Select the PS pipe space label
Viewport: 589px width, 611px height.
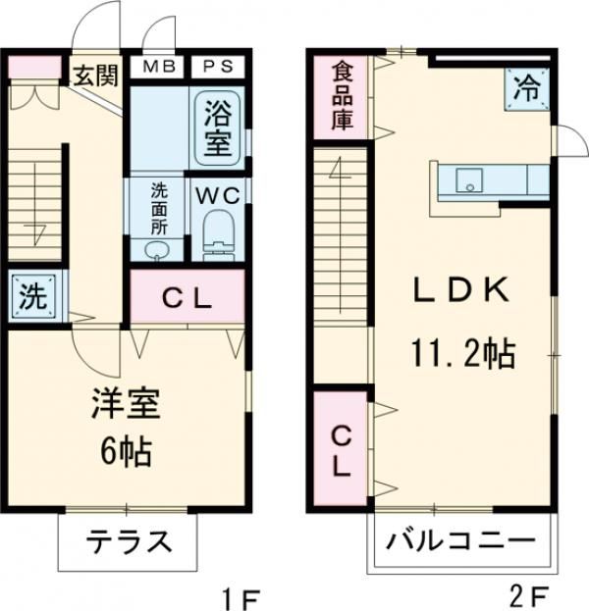[217, 67]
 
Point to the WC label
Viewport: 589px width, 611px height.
[217, 195]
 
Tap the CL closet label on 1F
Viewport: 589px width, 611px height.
[187, 298]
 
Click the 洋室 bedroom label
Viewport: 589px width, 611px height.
[127, 406]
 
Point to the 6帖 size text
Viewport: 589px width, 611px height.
[126, 452]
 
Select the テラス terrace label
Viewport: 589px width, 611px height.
[128, 543]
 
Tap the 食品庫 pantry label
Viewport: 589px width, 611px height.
[342, 95]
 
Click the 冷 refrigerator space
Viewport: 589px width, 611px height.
[526, 88]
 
